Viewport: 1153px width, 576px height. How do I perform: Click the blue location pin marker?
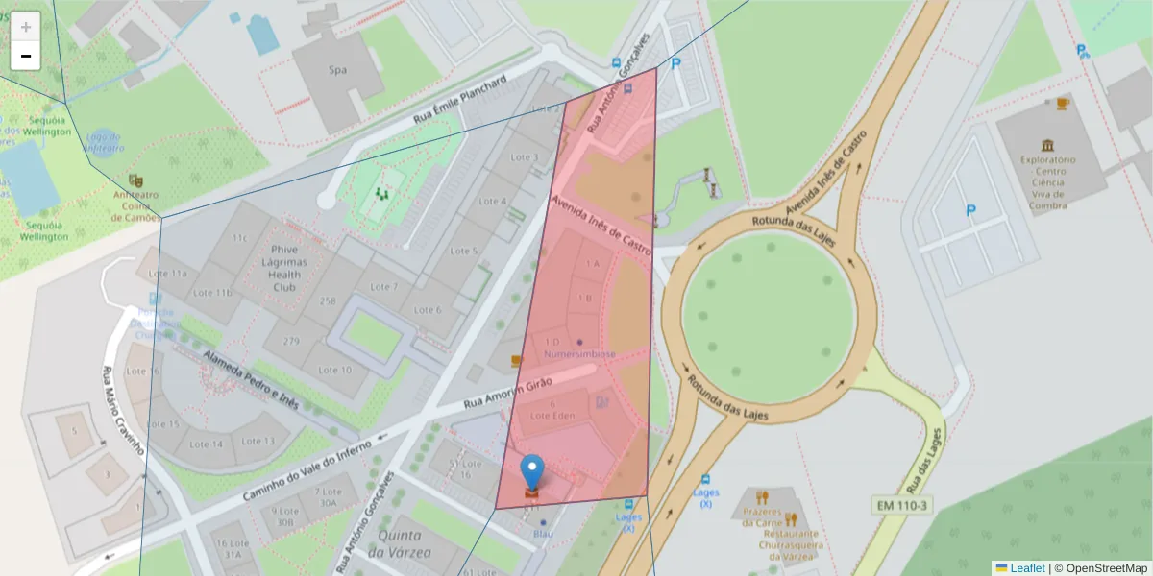point(531,472)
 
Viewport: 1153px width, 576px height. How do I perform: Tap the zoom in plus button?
point(26,27)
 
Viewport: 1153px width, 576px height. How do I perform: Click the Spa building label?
point(337,70)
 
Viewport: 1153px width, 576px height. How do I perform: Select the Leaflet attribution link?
point(1027,568)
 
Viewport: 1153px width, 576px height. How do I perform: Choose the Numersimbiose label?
point(579,353)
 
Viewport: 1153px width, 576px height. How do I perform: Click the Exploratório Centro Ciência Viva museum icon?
point(1046,144)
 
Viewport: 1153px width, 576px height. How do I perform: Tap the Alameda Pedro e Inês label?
point(251,376)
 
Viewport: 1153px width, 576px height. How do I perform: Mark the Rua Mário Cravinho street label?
point(124,410)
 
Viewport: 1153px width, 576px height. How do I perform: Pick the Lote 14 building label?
point(206,444)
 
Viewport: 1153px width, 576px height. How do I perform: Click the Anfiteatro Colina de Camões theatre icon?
point(135,180)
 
